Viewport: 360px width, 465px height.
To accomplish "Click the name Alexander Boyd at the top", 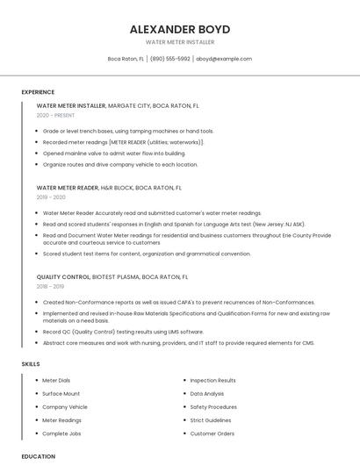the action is pyautogui.click(x=179, y=29).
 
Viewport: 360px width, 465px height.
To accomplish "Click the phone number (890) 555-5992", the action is pyautogui.click(x=170, y=59).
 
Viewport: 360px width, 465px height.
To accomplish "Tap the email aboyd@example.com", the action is pyautogui.click(x=224, y=59).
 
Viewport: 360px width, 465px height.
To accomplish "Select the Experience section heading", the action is pyautogui.click(x=38, y=92).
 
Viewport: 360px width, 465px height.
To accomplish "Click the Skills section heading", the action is pyautogui.click(x=31, y=363).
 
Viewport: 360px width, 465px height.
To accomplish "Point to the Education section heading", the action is pyautogui.click(x=39, y=456).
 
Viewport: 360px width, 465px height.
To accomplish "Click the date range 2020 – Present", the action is pyautogui.click(x=55, y=115).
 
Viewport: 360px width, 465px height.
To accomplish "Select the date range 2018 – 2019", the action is pyautogui.click(x=50, y=286).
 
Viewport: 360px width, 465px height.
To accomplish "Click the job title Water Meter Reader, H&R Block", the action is pyautogui.click(x=109, y=188).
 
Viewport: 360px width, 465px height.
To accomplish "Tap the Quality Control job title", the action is pyautogui.click(x=63, y=276).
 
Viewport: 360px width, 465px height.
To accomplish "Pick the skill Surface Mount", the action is pyautogui.click(x=61, y=394).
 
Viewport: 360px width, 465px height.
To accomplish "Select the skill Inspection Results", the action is pyautogui.click(x=212, y=380).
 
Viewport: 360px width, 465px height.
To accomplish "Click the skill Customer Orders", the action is pyautogui.click(x=212, y=433).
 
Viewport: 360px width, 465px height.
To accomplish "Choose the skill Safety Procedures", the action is pyautogui.click(x=213, y=407).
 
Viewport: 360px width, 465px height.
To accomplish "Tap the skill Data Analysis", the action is pyautogui.click(x=207, y=394).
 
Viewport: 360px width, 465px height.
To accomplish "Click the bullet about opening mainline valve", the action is pyautogui.click(x=114, y=153).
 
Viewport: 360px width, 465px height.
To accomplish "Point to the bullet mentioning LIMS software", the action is pyautogui.click(x=123, y=332).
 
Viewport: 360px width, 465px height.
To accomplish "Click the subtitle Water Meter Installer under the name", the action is pyautogui.click(x=179, y=41).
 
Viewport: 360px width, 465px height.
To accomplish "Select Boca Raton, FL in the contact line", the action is pyautogui.click(x=126, y=59).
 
